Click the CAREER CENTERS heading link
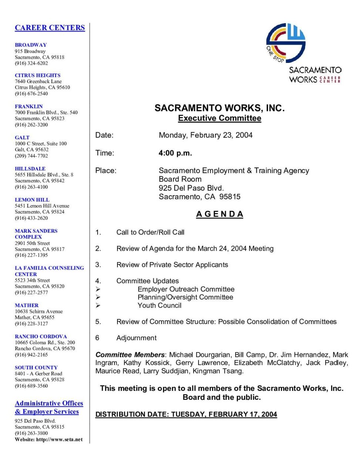coord(50,28)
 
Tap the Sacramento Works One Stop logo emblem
coord(286,43)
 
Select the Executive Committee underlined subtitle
coord(220,118)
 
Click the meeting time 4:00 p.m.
coord(175,153)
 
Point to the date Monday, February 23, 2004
coord(206,135)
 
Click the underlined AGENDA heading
coord(220,214)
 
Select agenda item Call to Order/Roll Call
coord(150,232)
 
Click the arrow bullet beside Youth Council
coord(98,305)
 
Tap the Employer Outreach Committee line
coord(186,289)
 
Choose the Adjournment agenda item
coord(136,338)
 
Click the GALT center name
coord(22,138)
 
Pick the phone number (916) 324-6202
coord(31,63)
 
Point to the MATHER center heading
coord(27,305)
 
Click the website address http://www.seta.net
coord(59,440)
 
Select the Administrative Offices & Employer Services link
coord(49,407)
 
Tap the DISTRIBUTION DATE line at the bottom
coord(186,415)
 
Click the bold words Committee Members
coord(130,355)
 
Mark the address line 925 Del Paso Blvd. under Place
coord(191,188)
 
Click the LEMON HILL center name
coord(32,200)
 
